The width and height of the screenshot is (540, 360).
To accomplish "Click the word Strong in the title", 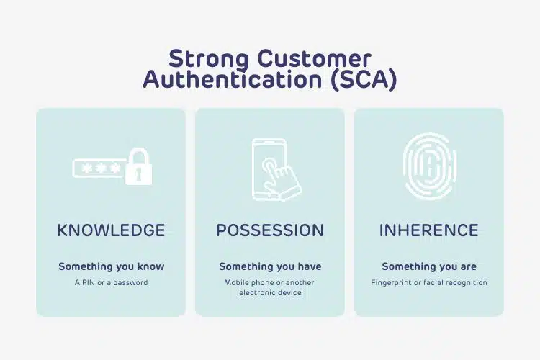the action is click(x=209, y=59).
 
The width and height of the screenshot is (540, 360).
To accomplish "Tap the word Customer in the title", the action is click(x=315, y=58).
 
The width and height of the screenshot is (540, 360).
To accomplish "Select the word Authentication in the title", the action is click(x=233, y=80).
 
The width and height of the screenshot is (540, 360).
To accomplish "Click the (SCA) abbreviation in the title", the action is click(x=364, y=80).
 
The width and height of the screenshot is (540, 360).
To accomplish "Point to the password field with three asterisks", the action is click(x=99, y=168).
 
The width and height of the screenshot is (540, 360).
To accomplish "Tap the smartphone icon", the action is click(x=269, y=169).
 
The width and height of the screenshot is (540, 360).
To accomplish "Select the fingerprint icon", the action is click(x=430, y=166).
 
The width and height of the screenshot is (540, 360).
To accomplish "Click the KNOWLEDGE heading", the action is click(x=111, y=230).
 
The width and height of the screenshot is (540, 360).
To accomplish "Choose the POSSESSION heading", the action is click(x=270, y=230).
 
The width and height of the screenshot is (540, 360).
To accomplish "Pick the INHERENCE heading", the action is click(x=429, y=230).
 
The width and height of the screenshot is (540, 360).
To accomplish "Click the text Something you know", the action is click(x=111, y=266).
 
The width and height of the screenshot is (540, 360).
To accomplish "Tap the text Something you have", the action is click(x=270, y=266).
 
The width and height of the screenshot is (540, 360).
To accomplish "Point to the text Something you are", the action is click(x=429, y=266).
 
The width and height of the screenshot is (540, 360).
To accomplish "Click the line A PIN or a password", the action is click(x=111, y=283).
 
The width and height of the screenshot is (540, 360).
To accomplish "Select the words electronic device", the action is click(x=270, y=293).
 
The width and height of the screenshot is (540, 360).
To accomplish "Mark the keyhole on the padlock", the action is click(x=138, y=174).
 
